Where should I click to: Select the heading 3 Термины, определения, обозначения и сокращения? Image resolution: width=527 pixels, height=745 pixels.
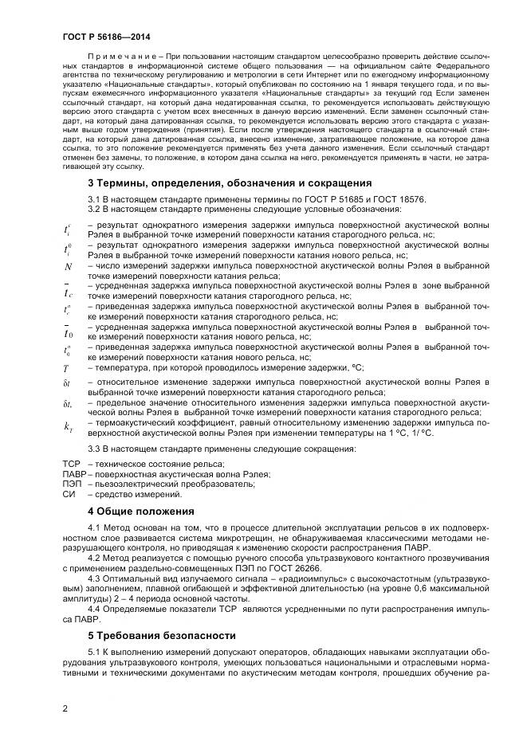[223, 184]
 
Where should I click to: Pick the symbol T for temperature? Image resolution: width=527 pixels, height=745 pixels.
[67, 368]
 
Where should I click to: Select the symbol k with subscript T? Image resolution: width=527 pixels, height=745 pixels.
[69, 426]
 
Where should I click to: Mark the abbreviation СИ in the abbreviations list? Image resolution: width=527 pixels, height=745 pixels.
[69, 494]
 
